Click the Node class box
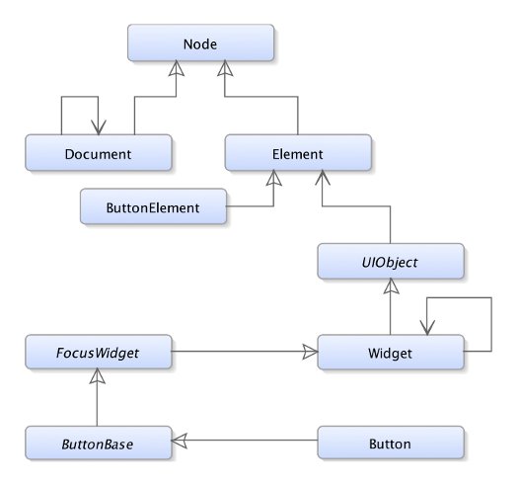coord(200,42)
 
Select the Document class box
coord(99,152)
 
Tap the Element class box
coord(298,152)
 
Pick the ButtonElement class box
coord(153,206)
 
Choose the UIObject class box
coord(391,261)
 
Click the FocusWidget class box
coord(99,352)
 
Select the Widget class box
coord(391,352)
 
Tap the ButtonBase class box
coord(99,443)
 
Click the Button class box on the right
coord(391,443)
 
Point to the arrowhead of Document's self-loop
coord(99,127)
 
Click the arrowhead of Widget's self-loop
coord(427,328)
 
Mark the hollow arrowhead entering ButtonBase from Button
coord(179,441)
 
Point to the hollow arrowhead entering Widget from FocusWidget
coord(310,352)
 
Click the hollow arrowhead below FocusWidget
coord(98,376)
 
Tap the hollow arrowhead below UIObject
coord(391,286)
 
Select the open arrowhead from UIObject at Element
coord(323,178)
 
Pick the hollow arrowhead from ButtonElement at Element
coord(274,178)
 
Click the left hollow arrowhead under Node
coord(177,68)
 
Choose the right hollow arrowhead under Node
coord(225,68)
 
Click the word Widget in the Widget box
coord(390,353)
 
